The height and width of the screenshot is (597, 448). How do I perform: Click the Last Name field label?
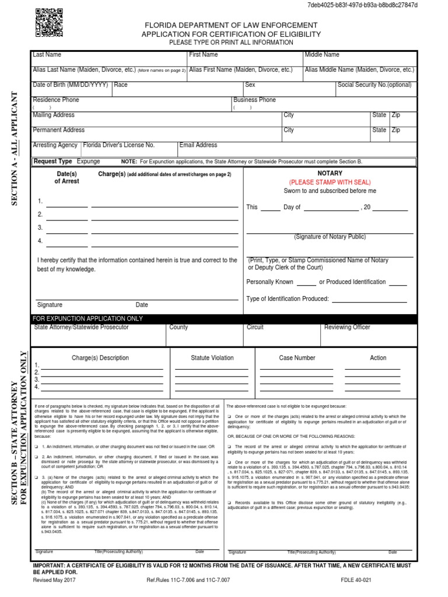[47, 55]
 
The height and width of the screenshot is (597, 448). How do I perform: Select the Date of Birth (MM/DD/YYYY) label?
[71, 85]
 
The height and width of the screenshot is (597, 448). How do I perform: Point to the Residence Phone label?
[56, 100]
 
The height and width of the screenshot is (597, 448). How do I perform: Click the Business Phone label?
[255, 100]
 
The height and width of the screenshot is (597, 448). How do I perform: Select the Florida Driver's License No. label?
[119, 145]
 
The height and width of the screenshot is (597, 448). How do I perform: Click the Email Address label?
[198, 145]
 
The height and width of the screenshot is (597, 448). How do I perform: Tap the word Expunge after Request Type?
[89, 161]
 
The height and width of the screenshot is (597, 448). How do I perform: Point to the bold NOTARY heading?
[330, 174]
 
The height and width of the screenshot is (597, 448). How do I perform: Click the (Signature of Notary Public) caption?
[330, 237]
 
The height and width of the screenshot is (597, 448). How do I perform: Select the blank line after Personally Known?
[306, 285]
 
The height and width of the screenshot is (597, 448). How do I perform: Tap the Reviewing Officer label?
[347, 328]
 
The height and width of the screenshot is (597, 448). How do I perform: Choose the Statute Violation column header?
[212, 358]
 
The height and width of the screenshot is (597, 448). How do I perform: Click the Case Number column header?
[297, 358]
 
